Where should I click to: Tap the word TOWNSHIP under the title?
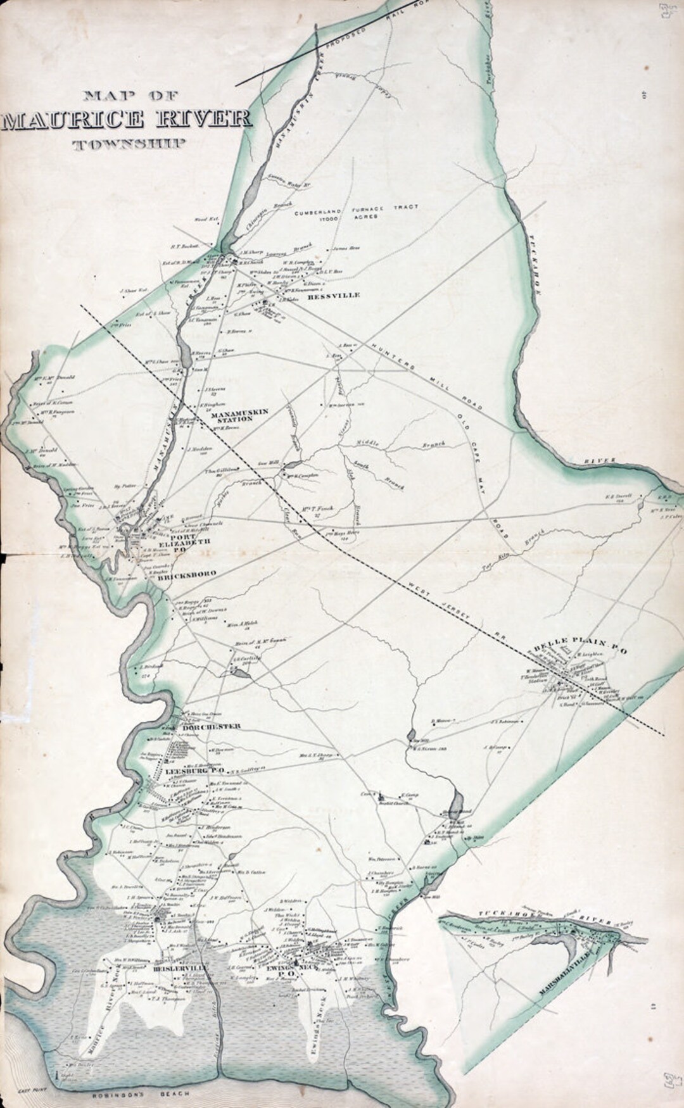pyautogui.click(x=129, y=144)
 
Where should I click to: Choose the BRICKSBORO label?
pyautogui.click(x=187, y=574)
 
